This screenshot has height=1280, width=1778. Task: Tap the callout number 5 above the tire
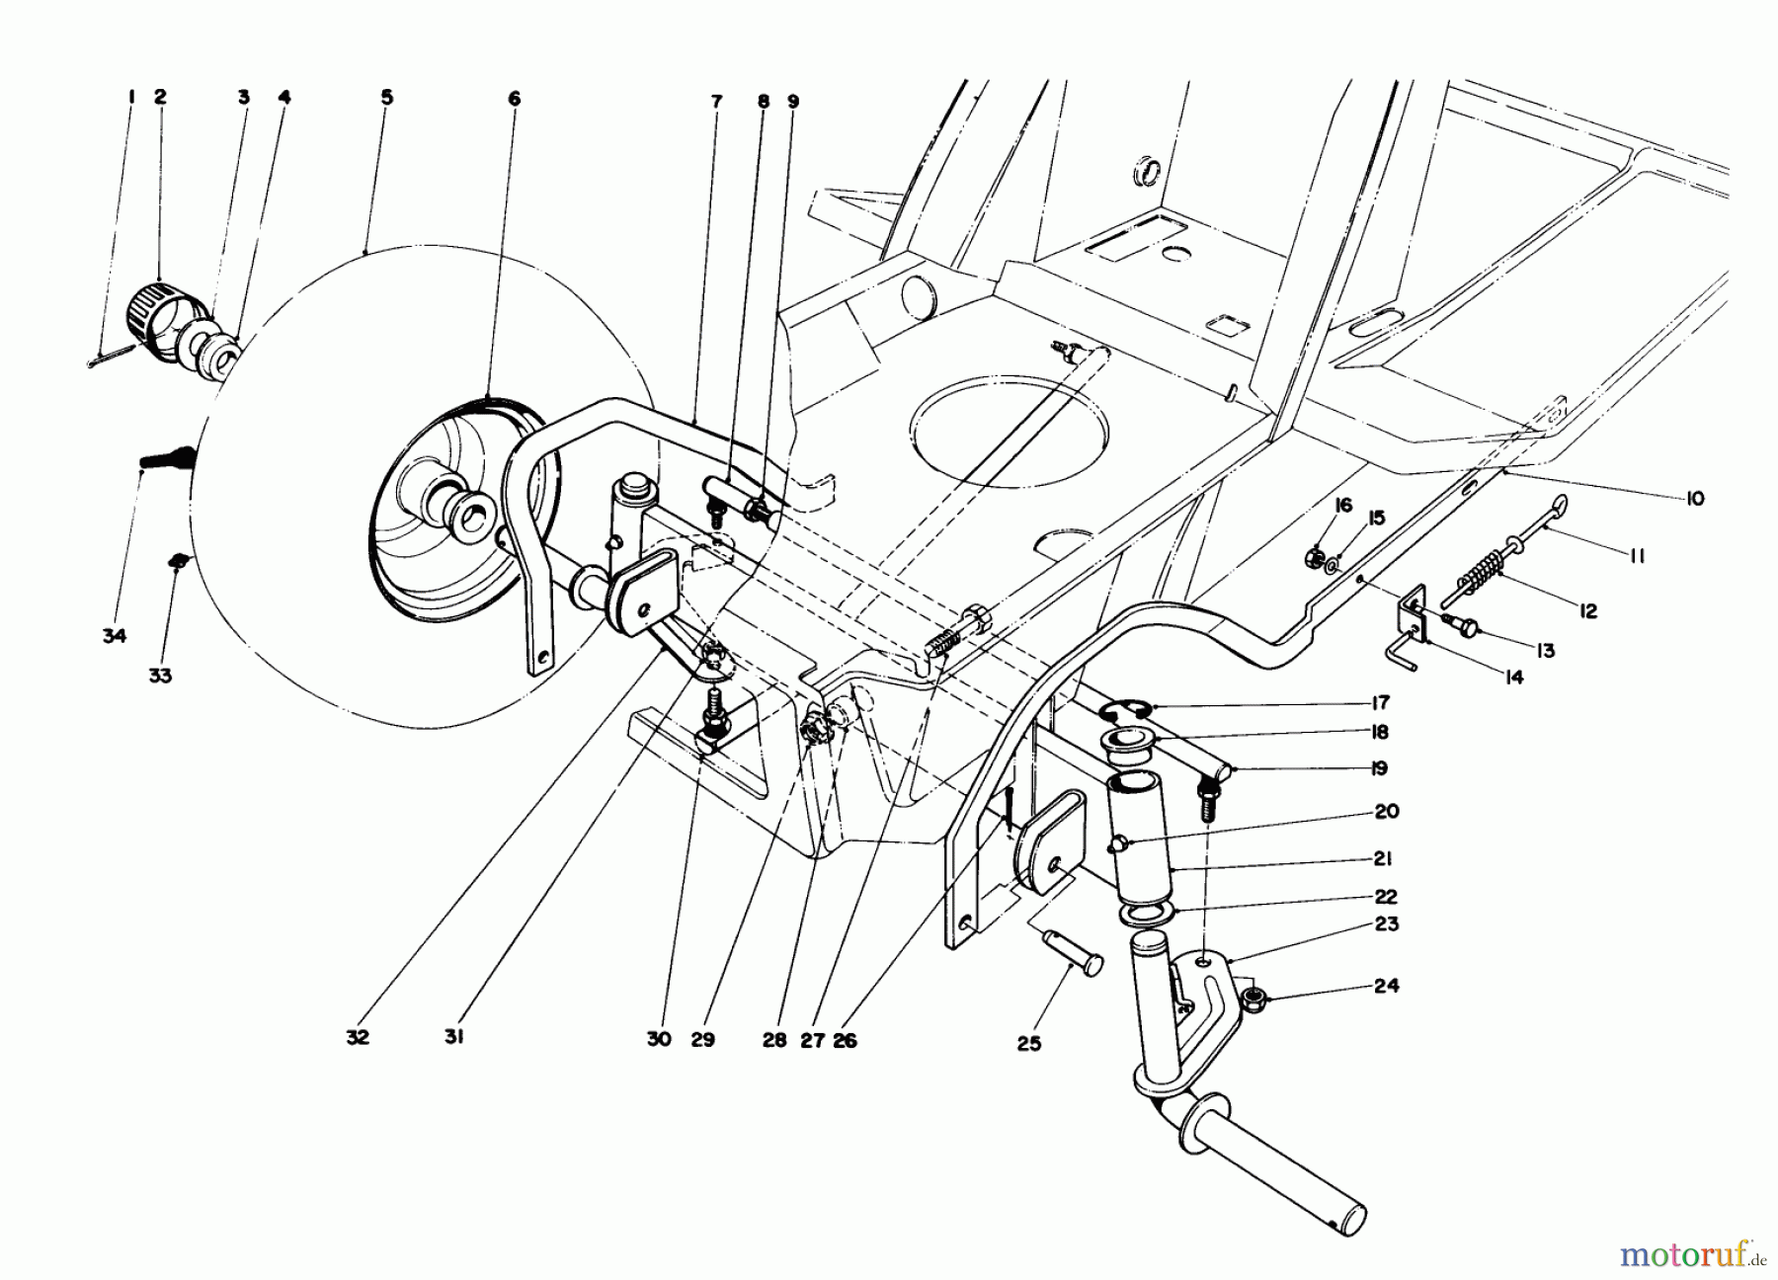386,97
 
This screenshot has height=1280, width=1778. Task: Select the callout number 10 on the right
1694,499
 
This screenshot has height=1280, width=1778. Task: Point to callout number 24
1387,986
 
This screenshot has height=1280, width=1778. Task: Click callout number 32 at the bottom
358,1038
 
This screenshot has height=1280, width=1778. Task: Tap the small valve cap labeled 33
179,562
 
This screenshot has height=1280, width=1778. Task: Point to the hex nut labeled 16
1318,557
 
